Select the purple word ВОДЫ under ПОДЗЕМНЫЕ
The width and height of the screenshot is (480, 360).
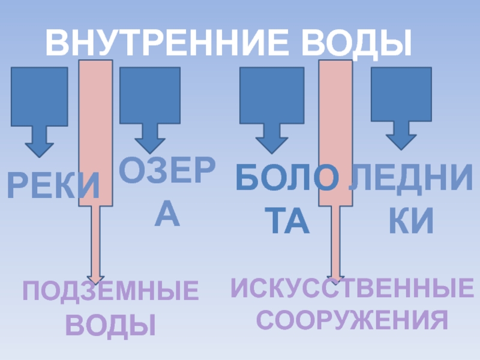(x=110, y=325)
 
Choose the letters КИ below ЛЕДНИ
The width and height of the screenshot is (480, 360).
(x=412, y=221)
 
